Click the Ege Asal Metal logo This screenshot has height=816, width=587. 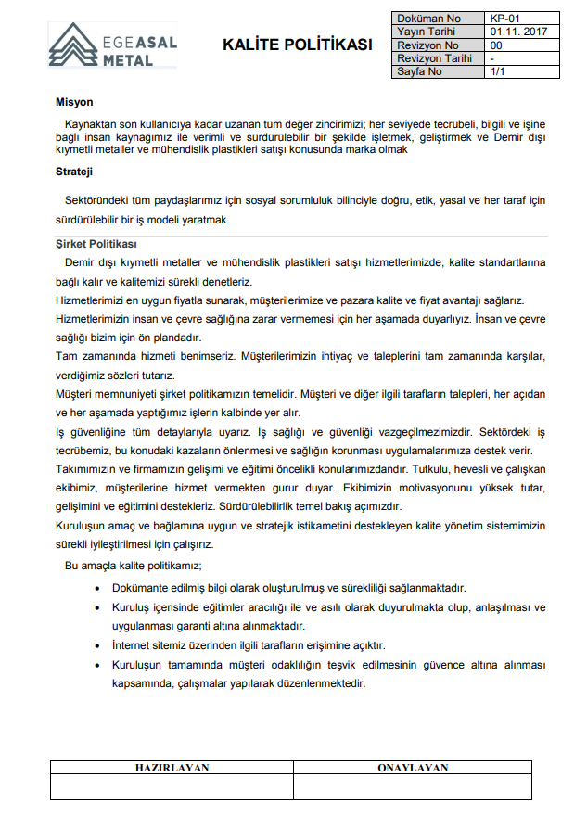(111, 45)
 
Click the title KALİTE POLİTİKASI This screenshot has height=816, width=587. (298, 45)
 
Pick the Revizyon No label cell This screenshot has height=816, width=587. (427, 45)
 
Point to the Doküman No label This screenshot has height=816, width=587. (428, 18)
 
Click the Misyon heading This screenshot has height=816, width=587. (74, 102)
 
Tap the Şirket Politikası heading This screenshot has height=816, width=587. (96, 244)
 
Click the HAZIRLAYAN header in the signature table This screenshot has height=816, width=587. (172, 768)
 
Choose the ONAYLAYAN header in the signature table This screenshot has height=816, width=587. (413, 768)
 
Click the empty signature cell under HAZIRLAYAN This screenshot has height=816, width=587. (172, 786)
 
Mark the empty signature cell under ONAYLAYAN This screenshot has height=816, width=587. (413, 786)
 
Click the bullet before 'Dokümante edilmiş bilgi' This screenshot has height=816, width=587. (98, 589)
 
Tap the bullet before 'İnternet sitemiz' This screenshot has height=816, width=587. (98, 645)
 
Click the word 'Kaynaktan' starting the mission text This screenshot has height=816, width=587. (88, 124)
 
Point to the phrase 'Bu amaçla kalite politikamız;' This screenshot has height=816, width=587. (133, 566)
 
